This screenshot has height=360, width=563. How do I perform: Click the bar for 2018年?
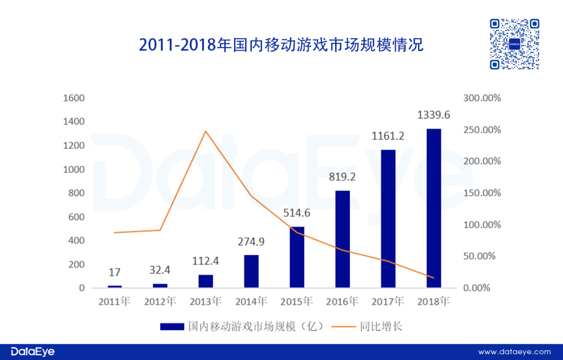point(434,209)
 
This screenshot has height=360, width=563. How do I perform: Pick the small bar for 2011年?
point(115,286)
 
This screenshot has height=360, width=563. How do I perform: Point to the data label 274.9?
point(251,242)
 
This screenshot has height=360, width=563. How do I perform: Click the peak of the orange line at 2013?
point(206,131)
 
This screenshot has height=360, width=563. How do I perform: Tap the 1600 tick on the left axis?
point(74,98)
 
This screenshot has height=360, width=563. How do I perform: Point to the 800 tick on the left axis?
point(76,193)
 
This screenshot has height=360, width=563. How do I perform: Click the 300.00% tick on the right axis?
point(482,98)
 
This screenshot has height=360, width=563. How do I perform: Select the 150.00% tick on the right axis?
point(482,193)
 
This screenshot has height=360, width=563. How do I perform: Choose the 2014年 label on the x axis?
point(251,302)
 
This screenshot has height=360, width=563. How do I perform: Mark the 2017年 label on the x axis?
point(388,302)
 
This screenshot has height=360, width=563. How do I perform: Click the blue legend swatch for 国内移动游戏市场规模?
point(172,327)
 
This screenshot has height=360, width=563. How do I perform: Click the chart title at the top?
point(281,45)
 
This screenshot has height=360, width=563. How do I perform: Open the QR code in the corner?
point(515,44)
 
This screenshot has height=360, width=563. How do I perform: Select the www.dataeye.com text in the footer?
point(515,352)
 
